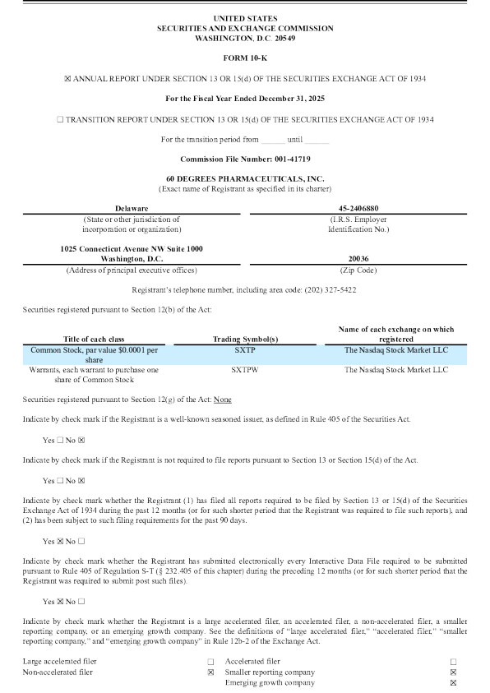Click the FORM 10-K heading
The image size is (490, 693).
point(245,58)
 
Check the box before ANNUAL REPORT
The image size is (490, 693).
point(67,78)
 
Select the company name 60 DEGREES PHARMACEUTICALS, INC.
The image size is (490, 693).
point(245,178)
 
